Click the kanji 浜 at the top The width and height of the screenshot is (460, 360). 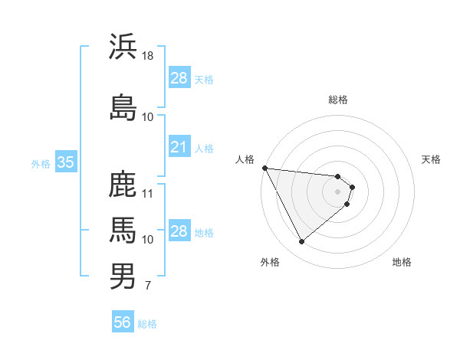(x=123, y=47)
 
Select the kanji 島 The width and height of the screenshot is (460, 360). (x=123, y=107)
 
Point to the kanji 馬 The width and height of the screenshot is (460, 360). (x=123, y=230)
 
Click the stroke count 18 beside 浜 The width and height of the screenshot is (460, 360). (x=148, y=56)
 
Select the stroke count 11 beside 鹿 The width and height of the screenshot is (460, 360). (x=148, y=193)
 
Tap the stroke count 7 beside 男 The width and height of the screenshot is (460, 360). (x=147, y=286)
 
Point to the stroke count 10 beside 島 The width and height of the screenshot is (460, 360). (x=148, y=116)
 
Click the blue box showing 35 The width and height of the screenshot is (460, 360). (x=65, y=162)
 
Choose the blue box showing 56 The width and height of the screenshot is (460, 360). (x=123, y=323)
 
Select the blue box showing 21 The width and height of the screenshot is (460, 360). (x=179, y=147)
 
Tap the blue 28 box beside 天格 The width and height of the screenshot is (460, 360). (x=179, y=78)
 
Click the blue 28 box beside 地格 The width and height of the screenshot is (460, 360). (x=179, y=231)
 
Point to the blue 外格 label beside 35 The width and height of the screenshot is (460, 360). (x=41, y=163)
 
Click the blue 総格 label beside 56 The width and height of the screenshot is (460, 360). (x=147, y=324)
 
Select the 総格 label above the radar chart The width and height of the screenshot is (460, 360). (x=338, y=100)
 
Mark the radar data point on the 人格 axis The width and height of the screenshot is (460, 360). (x=264, y=168)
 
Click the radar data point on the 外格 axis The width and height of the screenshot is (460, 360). (x=301, y=242)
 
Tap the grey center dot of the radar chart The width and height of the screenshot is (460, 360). (x=338, y=191)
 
